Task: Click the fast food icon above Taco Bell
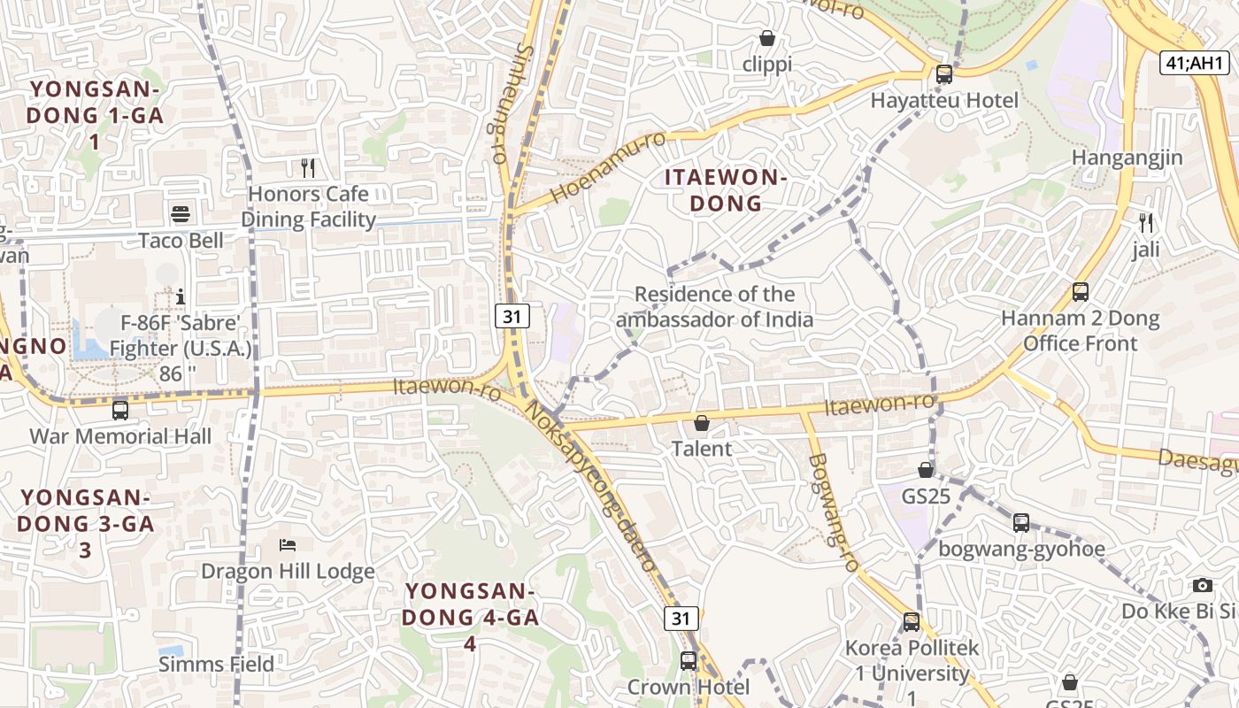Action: tap(181, 213)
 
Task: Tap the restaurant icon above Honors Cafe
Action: tap(308, 167)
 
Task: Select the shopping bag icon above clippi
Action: tap(767, 38)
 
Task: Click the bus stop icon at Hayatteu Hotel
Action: tap(944, 74)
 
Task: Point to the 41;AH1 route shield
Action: tap(1195, 63)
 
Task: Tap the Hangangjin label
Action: tap(1127, 158)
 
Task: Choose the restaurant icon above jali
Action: tap(1146, 222)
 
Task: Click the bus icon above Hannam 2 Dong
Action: tap(1080, 291)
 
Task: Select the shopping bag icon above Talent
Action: tap(702, 423)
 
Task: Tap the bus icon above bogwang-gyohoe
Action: tap(1021, 522)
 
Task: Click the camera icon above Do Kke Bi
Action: tap(1202, 585)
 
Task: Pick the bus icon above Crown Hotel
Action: tap(689, 660)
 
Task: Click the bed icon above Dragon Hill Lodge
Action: tap(288, 544)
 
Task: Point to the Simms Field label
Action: tap(217, 664)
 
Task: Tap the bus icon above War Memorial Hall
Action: tap(120, 411)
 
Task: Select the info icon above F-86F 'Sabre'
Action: tap(181, 296)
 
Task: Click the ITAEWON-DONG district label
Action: tap(726, 190)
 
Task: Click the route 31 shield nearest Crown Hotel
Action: tap(681, 618)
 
